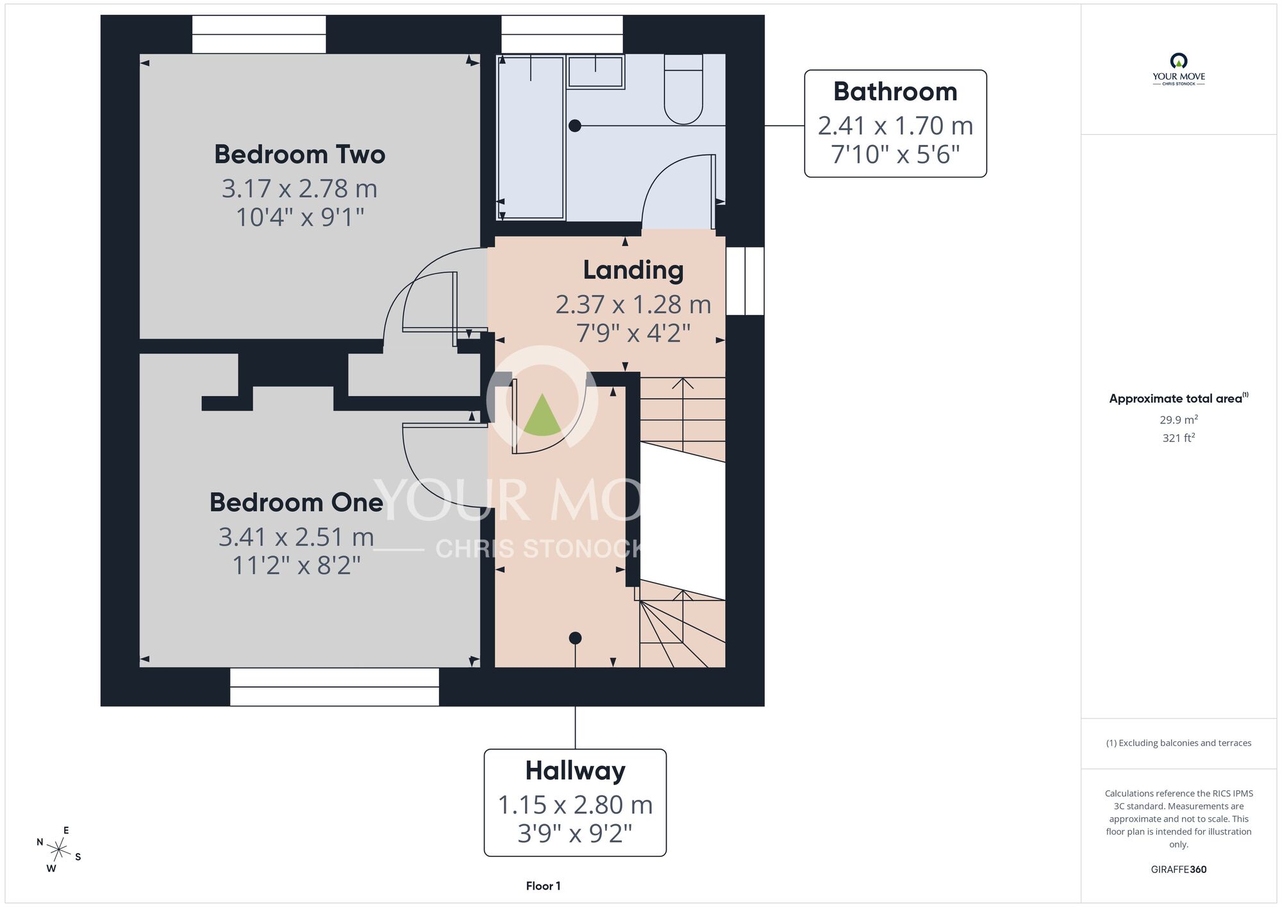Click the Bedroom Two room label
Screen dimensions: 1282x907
(299, 155)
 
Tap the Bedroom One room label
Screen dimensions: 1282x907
(296, 502)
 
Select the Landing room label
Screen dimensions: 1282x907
(633, 270)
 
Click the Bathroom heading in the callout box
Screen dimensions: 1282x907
(895, 92)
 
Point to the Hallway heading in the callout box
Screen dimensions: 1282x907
(575, 770)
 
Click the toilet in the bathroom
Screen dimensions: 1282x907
(683, 89)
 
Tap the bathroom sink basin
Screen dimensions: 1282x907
(595, 71)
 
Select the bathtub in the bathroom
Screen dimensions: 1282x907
(531, 137)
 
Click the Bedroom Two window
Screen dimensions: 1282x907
(259, 35)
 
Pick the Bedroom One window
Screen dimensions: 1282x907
(335, 687)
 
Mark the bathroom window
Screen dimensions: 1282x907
(562, 35)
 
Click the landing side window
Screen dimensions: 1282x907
(745, 281)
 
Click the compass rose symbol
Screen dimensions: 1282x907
(59, 851)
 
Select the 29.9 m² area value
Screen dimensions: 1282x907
(1179, 420)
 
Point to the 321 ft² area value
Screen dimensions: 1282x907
(1179, 438)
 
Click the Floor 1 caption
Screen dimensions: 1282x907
(543, 886)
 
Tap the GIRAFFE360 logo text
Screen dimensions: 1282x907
(1179, 870)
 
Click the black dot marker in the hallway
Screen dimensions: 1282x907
(575, 638)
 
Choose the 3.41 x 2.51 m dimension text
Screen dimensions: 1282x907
(296, 537)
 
